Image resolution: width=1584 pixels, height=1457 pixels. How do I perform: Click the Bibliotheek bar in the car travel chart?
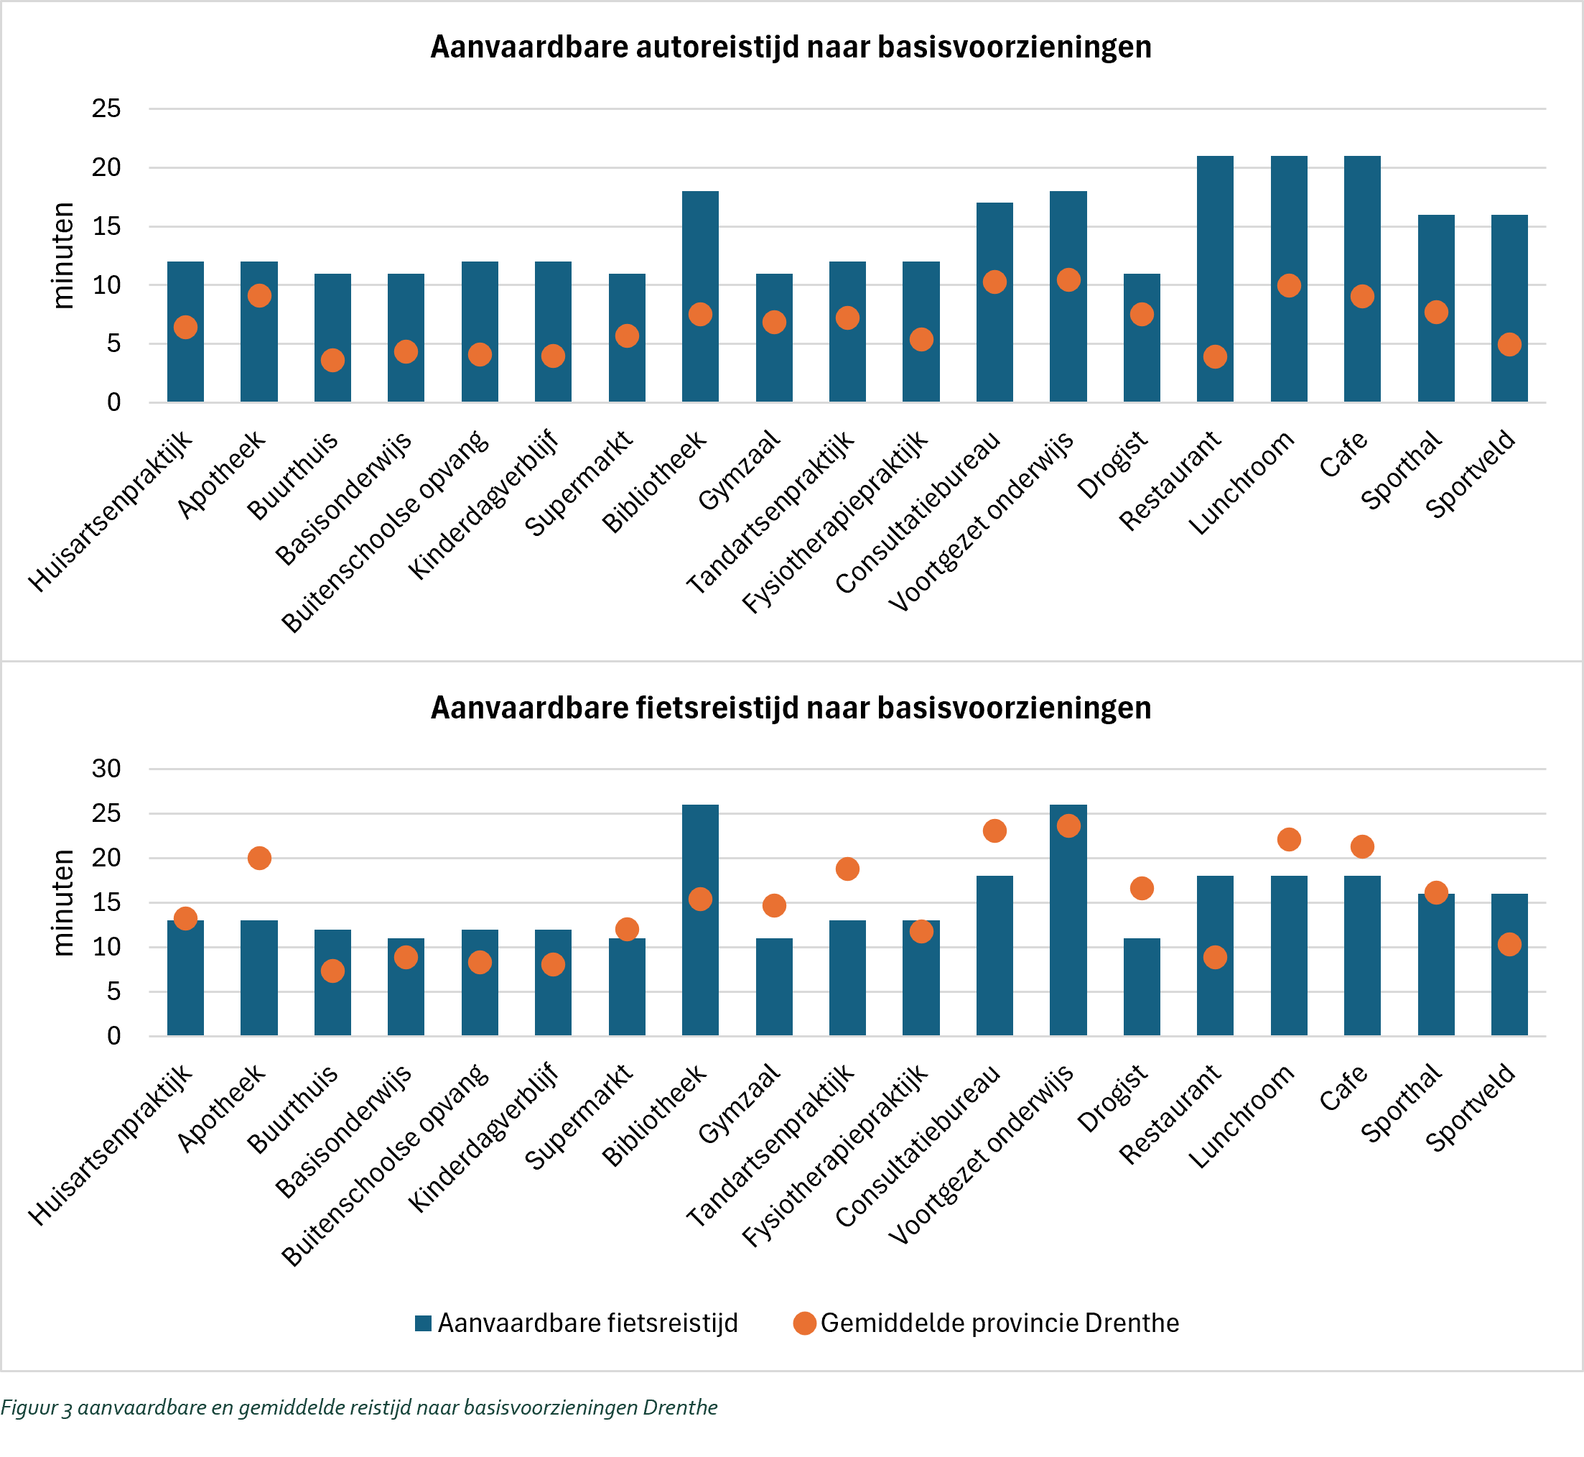(700, 297)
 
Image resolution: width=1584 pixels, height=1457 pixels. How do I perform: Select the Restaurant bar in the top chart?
(1214, 279)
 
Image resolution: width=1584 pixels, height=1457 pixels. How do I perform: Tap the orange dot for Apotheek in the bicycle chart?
(259, 858)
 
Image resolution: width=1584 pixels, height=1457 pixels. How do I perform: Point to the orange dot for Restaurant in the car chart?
(1214, 356)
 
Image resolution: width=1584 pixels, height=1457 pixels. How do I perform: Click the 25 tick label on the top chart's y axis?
(106, 108)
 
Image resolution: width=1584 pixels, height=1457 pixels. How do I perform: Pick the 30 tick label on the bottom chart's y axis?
(106, 769)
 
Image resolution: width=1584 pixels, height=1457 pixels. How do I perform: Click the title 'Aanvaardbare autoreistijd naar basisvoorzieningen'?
(791, 47)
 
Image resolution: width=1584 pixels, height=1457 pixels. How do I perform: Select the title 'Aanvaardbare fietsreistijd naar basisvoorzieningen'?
(791, 708)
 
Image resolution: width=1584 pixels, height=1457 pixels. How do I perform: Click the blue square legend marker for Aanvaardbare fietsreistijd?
(423, 1323)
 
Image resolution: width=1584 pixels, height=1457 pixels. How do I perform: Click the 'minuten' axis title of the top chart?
(63, 256)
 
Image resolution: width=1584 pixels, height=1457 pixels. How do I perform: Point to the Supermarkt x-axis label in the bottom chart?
(580, 1116)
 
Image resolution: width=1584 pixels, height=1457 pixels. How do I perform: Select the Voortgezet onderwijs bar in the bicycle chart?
(1068, 920)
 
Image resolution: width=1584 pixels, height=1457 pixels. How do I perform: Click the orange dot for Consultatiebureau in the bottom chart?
(994, 831)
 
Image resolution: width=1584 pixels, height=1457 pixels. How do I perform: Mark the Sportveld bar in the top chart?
(1509, 308)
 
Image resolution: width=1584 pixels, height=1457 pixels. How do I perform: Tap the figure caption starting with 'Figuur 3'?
(359, 1407)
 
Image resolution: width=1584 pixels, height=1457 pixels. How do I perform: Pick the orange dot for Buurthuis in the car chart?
(332, 361)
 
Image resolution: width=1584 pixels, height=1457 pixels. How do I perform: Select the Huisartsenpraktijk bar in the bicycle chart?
(185, 978)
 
